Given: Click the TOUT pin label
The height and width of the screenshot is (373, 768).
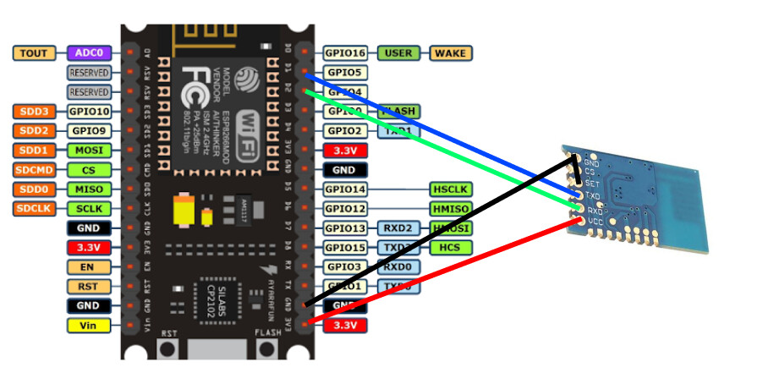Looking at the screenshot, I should coord(34,53).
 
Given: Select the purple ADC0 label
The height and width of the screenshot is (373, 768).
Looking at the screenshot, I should coord(88,53).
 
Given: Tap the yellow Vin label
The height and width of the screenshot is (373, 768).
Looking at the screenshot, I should coord(88,325).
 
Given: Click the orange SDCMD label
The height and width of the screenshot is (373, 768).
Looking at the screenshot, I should coord(34,169).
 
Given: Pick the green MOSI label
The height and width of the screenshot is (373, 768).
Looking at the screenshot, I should coord(88,150).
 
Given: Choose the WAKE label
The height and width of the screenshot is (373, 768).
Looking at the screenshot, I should coord(452,53).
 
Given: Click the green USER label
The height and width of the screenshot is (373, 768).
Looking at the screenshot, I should coord(398,53).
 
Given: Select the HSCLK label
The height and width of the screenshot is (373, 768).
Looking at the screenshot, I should coord(452,189).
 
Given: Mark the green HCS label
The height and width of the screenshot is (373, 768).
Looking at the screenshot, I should coord(452,247).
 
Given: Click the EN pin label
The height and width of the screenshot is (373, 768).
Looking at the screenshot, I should coord(88,266).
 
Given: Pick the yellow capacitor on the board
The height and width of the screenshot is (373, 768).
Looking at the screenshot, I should coord(183,211).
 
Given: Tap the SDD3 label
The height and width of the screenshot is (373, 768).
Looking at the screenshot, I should coord(34,111).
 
